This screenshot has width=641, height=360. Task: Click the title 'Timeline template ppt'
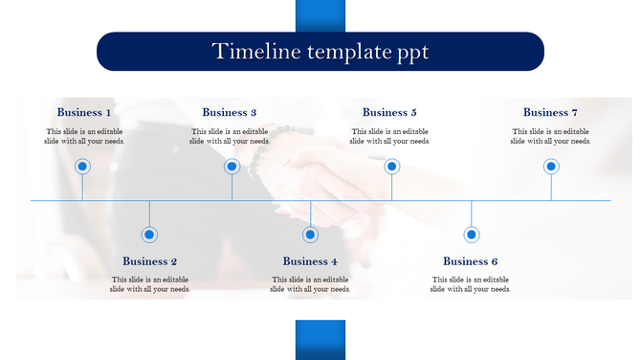(320, 52)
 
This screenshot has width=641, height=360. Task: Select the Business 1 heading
(84, 113)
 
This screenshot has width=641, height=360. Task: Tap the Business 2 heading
(150, 261)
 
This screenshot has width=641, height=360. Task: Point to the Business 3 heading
(230, 113)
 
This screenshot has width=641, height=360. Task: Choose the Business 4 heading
(310, 261)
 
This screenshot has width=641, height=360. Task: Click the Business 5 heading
(389, 113)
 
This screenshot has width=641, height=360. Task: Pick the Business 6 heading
(471, 261)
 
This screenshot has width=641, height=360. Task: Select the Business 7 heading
(550, 113)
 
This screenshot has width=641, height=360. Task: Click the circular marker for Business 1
(82, 167)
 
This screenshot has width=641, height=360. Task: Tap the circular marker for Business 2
(149, 235)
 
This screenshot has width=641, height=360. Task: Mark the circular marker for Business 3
(232, 167)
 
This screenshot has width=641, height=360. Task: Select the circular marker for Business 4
(310, 235)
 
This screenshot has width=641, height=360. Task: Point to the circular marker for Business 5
(391, 167)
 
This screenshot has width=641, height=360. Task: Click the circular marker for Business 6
(472, 235)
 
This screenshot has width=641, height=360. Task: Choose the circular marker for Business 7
(551, 167)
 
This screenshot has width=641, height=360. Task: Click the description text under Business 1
(84, 136)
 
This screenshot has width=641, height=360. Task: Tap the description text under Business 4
(310, 283)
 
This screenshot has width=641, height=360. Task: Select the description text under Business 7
(550, 136)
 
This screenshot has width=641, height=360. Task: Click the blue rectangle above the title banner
(320, 15)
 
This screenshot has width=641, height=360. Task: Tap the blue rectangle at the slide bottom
(320, 340)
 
